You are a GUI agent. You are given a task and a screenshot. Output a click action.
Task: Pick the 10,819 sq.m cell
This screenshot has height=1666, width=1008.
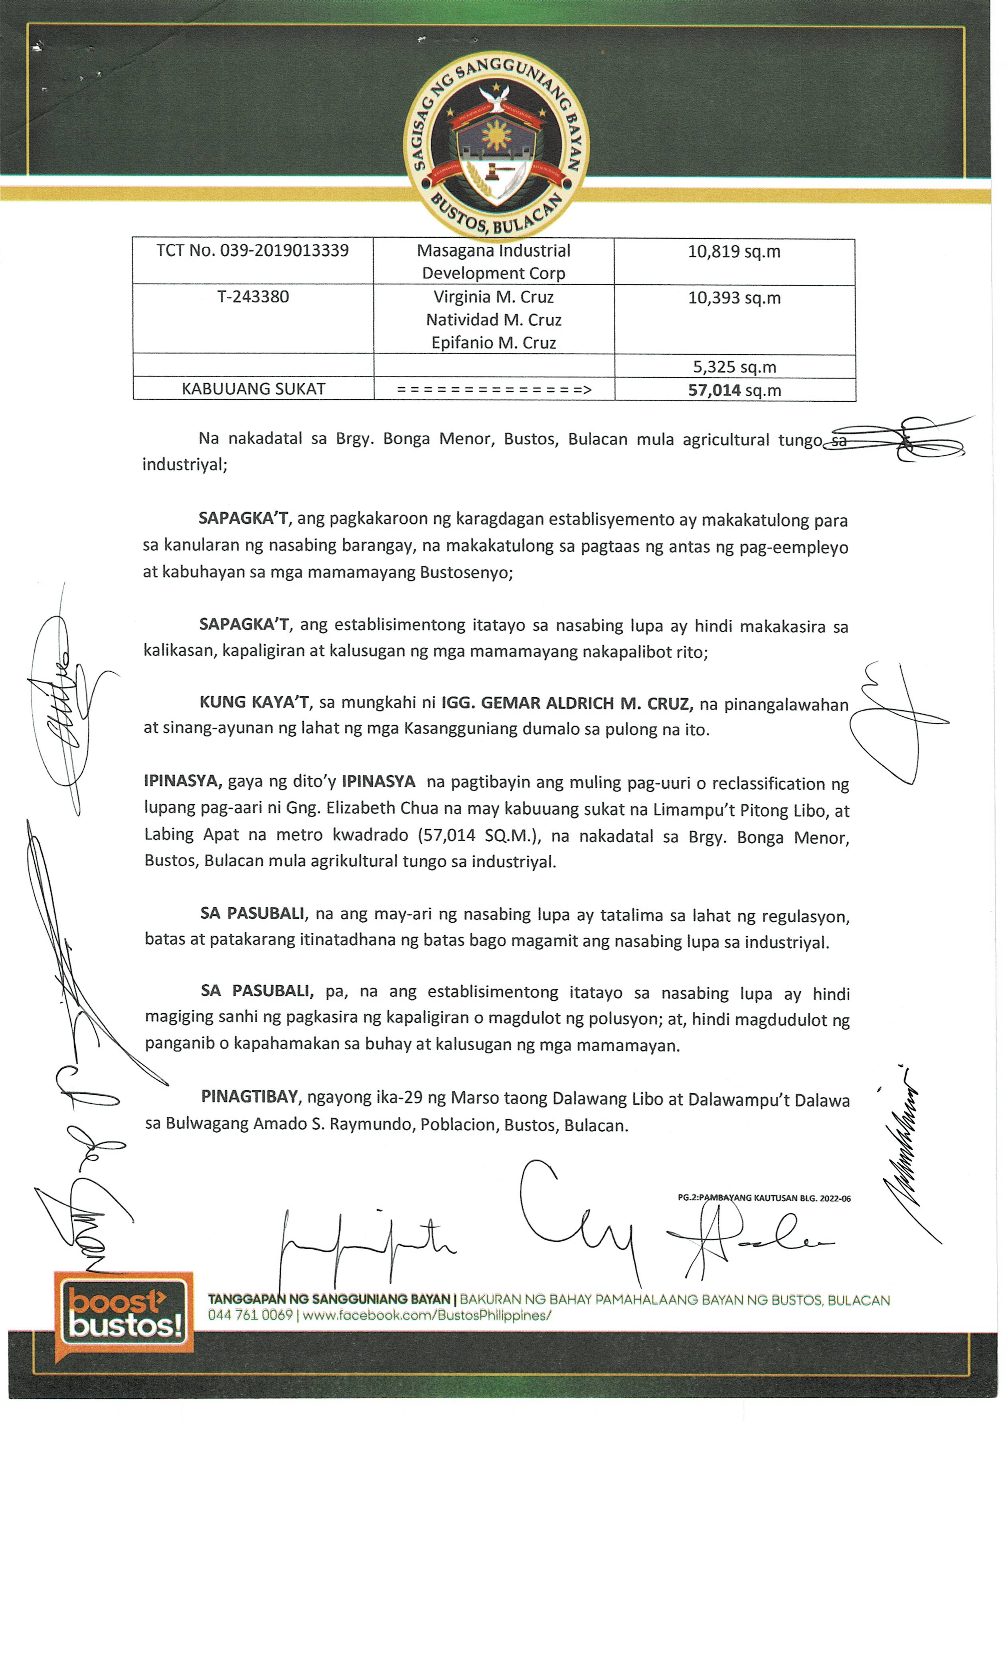[734, 252]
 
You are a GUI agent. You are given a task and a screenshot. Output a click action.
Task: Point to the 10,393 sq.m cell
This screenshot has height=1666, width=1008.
[734, 298]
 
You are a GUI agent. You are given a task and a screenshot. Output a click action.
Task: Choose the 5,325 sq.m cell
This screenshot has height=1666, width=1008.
[734, 367]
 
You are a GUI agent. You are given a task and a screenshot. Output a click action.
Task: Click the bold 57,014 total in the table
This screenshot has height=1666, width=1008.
[714, 390]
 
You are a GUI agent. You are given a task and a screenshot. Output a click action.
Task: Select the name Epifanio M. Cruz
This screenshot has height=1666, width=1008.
[494, 343]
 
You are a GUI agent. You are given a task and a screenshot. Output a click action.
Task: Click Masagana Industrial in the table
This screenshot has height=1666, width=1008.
[494, 251]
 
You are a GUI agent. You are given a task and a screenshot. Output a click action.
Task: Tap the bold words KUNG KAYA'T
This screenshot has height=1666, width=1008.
[254, 702]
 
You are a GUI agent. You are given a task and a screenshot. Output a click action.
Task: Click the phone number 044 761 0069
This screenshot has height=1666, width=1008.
[250, 1315]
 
